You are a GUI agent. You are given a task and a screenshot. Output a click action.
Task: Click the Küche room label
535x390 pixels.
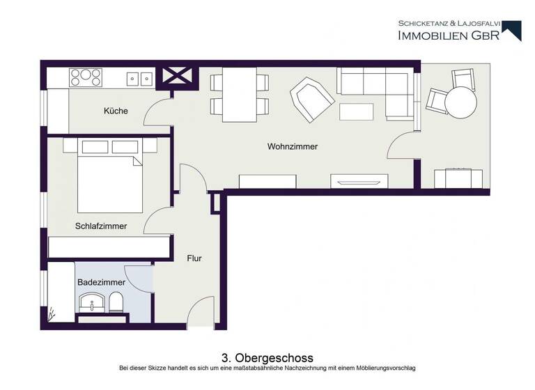[x=116, y=111]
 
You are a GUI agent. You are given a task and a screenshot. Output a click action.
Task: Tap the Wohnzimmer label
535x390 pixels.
[x=292, y=147]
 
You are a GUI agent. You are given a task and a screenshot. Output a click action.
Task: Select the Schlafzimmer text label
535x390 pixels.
[x=101, y=226]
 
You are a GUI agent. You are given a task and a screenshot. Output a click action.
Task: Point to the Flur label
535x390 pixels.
[x=194, y=258]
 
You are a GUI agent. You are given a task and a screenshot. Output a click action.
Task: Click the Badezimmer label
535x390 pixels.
[x=101, y=282]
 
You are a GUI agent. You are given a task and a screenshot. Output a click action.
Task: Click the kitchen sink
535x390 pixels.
[x=139, y=78]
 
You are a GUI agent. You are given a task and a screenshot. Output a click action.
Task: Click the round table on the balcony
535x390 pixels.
[x=461, y=102]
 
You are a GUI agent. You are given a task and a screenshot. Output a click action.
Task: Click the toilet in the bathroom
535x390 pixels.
[x=117, y=303]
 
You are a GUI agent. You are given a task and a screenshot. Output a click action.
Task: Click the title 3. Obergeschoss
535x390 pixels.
[x=267, y=358]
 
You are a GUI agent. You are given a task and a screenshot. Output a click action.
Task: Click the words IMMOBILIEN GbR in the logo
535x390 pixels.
[x=448, y=36]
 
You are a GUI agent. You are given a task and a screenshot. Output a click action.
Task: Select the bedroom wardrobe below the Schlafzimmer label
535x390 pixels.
[x=109, y=247]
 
